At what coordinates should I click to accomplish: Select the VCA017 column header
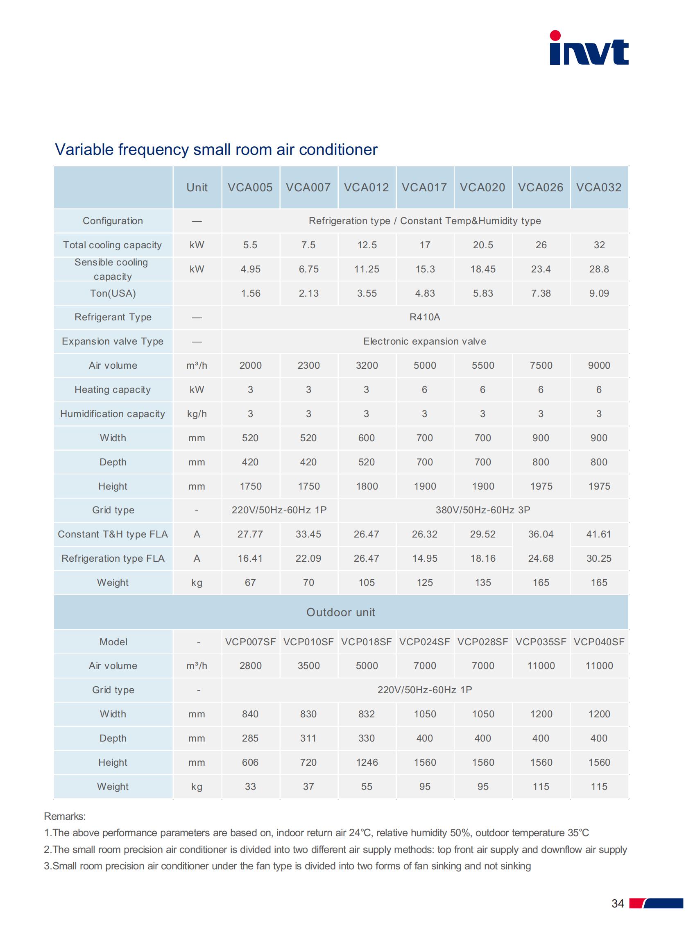425,188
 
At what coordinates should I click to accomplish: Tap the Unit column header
197,188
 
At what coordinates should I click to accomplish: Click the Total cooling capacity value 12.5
367,245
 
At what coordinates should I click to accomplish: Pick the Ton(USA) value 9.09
599,293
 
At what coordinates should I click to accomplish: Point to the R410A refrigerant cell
425,317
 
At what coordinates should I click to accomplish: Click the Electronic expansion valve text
425,341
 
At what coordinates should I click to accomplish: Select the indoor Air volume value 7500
541,365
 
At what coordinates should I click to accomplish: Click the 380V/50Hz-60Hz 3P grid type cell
483,510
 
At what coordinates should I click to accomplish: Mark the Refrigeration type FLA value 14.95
425,558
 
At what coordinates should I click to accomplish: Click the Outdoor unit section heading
341,613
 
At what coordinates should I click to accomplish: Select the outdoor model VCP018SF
366,642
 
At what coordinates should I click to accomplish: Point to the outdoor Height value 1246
367,762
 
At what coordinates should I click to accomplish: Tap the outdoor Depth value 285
250,738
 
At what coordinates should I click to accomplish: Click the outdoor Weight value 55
367,787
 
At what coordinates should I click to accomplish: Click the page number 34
618,903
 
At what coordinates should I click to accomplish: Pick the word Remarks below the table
65,817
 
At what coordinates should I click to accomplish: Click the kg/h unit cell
197,414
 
